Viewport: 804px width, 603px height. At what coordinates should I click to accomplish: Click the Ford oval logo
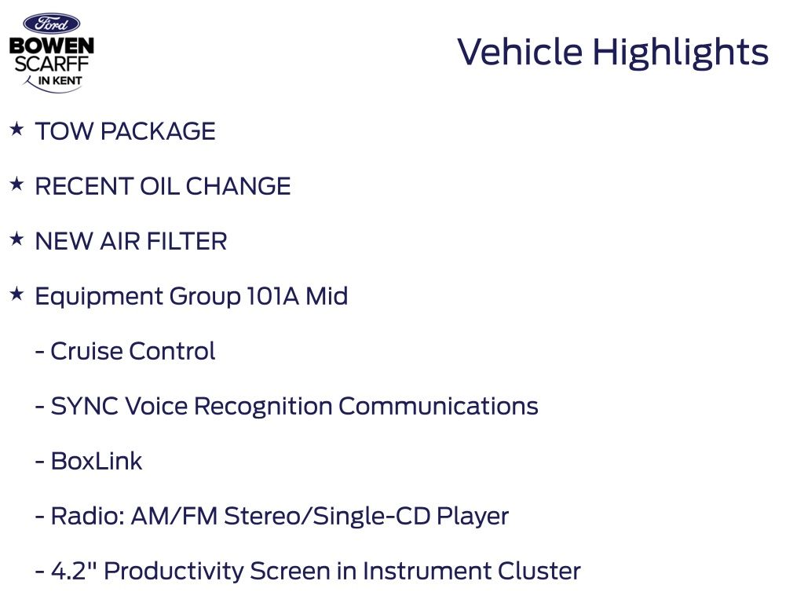click(51, 24)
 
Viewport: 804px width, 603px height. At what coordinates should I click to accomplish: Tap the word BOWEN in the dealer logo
click(52, 46)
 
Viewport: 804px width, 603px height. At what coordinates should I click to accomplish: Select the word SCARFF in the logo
click(52, 64)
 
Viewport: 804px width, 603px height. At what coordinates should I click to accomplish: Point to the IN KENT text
click(60, 81)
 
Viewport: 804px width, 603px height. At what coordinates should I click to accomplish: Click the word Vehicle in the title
click(520, 52)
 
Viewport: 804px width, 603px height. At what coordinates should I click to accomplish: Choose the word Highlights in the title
click(681, 53)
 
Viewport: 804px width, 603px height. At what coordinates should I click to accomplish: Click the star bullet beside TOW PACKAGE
click(17, 129)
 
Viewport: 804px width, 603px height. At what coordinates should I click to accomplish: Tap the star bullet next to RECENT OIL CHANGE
click(17, 184)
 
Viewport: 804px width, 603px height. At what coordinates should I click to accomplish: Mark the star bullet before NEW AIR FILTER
click(17, 239)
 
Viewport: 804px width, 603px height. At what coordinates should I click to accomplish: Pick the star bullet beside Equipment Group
click(17, 294)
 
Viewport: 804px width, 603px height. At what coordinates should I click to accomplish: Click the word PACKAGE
click(158, 131)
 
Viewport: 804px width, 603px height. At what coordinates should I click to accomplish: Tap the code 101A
click(272, 296)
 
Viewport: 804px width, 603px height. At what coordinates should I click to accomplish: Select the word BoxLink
click(97, 461)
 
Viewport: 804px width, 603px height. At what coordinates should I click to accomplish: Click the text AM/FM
click(175, 516)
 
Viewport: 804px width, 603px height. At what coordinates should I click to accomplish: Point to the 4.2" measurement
click(74, 571)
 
